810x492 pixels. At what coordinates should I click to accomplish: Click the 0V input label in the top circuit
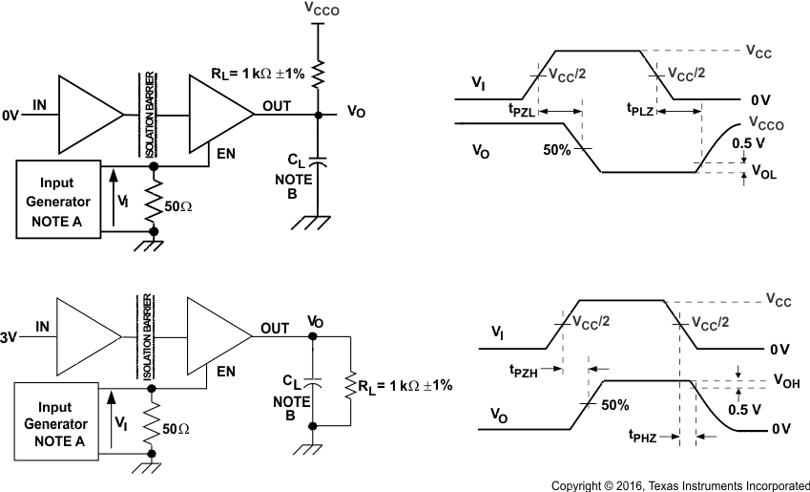(10, 116)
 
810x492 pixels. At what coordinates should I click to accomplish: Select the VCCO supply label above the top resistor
(322, 9)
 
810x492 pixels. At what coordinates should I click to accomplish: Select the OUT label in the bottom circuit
(274, 328)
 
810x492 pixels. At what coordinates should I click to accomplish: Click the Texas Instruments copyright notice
(680, 485)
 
